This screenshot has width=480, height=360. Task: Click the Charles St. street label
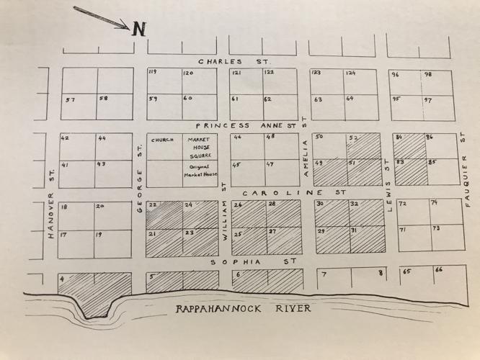point(229,62)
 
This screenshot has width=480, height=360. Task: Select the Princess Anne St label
point(246,125)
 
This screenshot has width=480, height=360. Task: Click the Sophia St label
point(253,262)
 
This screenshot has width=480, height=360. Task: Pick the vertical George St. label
point(140,174)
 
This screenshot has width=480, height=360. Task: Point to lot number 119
point(152,73)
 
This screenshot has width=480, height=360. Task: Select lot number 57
point(70,99)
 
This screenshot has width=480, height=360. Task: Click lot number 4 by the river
point(63,279)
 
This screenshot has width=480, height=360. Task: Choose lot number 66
point(438,271)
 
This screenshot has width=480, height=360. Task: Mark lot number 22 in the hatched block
point(152,205)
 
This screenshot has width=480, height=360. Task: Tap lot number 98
point(428,74)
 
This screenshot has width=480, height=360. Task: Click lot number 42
point(65,138)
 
